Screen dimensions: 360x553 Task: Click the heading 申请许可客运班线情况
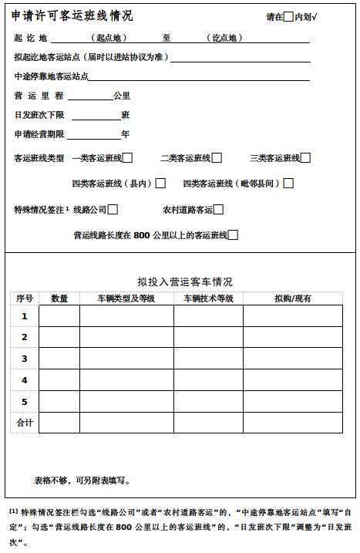tap(72, 15)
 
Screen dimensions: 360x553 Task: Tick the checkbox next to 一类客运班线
tap(128, 158)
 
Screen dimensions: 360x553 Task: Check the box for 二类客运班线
tap(217, 158)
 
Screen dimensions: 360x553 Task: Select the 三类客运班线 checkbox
tap(306, 158)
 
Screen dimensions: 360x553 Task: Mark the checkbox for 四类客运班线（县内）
tap(160, 184)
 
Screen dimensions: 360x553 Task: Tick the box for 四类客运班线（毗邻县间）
tap(288, 184)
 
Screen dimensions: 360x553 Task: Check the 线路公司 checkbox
tap(113, 209)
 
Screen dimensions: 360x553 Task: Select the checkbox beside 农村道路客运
tap(219, 209)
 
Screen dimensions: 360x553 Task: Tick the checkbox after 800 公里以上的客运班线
tap(233, 235)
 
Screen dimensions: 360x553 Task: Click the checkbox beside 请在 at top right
tap(288, 16)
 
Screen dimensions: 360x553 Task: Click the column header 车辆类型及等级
tap(126, 298)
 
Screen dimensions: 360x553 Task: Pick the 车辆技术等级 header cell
tap(208, 298)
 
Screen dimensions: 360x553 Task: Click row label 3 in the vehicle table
tap(25, 359)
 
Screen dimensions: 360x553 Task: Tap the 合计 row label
tap(25, 423)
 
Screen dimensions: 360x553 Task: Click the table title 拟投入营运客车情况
tap(185, 282)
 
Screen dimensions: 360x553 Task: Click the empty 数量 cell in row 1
tap(59, 316)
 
